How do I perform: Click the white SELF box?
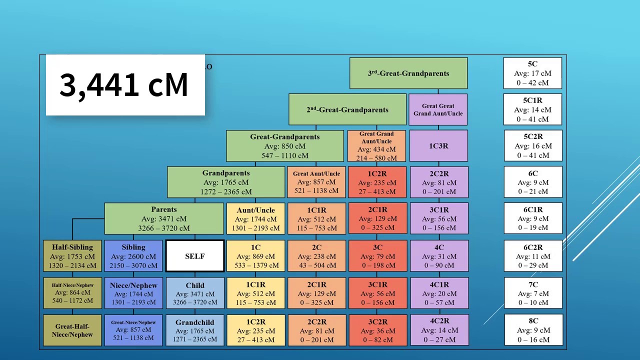point(194,256)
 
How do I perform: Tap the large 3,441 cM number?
point(124,85)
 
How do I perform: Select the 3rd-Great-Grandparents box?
point(408,73)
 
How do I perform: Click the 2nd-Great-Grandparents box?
point(347,109)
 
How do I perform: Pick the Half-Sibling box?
point(72,256)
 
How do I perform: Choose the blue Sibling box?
point(133,256)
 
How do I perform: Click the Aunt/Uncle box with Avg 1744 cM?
point(255,219)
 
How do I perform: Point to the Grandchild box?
point(194,330)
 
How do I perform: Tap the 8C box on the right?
point(533,330)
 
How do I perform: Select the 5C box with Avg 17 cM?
point(532,73)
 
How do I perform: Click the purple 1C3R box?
point(438,146)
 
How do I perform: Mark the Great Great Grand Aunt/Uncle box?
point(438,109)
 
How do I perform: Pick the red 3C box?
point(377,256)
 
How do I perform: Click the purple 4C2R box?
point(439,330)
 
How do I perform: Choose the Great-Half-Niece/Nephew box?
point(72,330)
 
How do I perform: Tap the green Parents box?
point(164,218)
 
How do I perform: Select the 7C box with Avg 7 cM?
point(533,293)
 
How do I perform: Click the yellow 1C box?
point(255,256)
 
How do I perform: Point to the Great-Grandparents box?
point(285,146)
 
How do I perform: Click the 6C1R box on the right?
point(533,218)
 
